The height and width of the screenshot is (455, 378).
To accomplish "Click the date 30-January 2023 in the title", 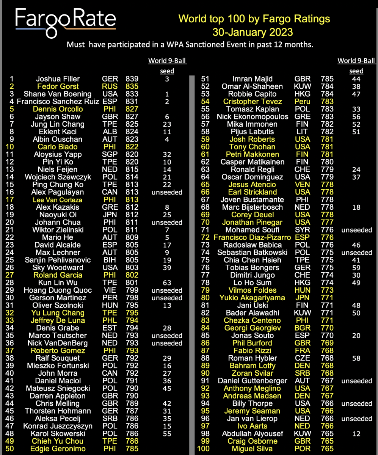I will (253, 32).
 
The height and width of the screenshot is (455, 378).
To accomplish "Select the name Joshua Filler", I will (58, 79).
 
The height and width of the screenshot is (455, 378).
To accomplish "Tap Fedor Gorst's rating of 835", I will (132, 86).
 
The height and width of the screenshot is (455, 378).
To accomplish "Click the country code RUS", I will (110, 86).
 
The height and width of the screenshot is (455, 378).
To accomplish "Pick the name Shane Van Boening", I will (58, 94).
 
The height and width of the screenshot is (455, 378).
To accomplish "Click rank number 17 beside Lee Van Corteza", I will (10, 199).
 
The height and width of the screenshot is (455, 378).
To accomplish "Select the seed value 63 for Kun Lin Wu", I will (166, 282).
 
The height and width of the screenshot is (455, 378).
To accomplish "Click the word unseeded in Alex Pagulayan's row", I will (167, 192).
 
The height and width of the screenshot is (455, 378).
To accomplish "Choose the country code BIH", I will (110, 260).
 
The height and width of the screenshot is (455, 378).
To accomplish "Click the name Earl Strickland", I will (253, 192).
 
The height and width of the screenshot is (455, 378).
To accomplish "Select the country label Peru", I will (302, 102).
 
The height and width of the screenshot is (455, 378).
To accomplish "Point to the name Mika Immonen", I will (253, 124).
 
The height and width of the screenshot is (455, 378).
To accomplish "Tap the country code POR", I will (302, 449).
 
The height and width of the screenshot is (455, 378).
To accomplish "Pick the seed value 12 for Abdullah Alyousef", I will (356, 433).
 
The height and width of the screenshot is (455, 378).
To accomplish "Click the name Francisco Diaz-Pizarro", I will (253, 237).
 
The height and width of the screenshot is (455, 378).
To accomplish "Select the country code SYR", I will (302, 230).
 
